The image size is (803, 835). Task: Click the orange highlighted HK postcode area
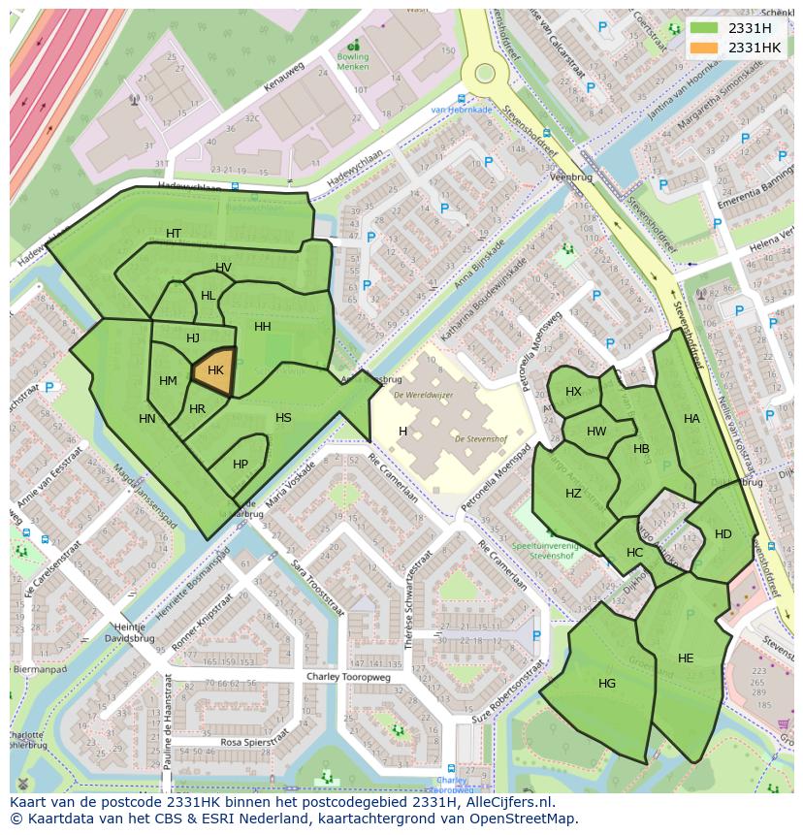[x=215, y=371]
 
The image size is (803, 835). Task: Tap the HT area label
[x=174, y=234]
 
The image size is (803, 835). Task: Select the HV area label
[x=224, y=269]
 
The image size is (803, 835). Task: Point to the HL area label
[x=209, y=296]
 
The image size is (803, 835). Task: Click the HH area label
[x=263, y=327]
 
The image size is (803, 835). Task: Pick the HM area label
[x=168, y=381]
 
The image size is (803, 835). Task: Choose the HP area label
[x=241, y=465]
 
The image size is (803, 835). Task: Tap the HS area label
[x=283, y=418]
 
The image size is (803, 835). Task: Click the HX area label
[x=574, y=392]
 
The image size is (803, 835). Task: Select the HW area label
[x=596, y=432]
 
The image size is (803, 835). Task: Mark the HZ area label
[x=573, y=494]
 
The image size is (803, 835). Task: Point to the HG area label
[x=607, y=684]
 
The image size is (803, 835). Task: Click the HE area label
[x=686, y=658]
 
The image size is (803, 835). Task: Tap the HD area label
[x=723, y=534]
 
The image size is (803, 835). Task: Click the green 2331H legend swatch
[x=704, y=27]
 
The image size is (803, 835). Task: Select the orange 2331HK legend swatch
[x=704, y=47]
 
